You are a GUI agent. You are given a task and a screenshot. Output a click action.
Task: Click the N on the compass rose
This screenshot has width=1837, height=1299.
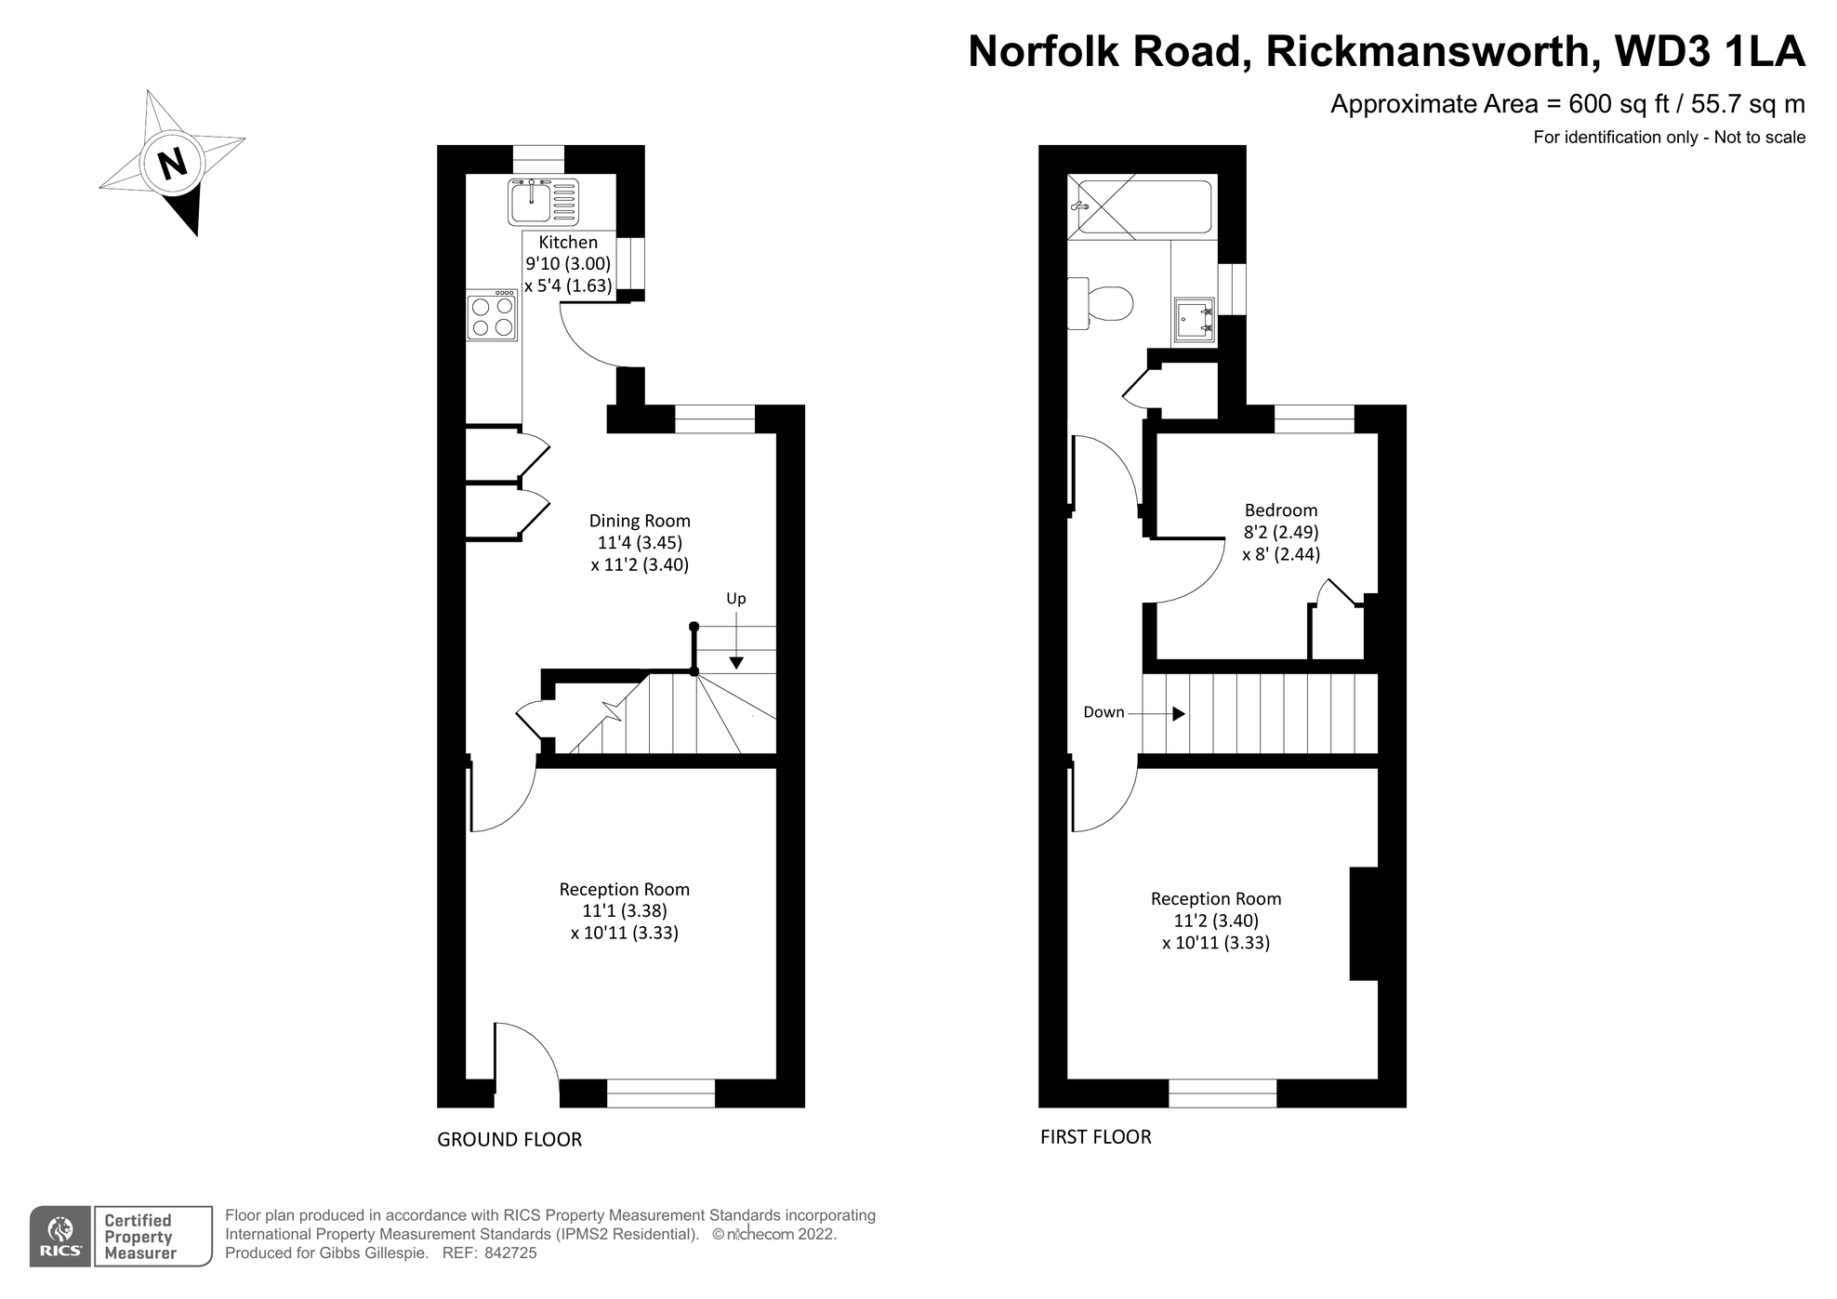click(173, 165)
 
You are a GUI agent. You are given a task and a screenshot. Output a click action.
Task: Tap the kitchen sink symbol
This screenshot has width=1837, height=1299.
click(543, 202)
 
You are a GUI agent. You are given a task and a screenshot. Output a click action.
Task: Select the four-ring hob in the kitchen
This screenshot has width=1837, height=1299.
click(492, 316)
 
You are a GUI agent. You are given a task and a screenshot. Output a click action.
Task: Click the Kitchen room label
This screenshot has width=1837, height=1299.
click(568, 242)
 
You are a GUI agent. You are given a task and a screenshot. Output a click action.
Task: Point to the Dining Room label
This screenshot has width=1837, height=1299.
click(640, 521)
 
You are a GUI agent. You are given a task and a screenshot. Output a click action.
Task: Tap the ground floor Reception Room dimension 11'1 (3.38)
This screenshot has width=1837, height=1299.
click(624, 911)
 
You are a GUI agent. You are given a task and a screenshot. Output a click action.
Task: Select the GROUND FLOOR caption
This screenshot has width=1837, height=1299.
click(509, 1140)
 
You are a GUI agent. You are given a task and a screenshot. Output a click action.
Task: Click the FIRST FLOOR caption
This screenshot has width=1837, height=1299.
click(1095, 1137)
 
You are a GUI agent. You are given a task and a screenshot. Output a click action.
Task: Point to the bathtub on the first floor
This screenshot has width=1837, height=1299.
click(1142, 206)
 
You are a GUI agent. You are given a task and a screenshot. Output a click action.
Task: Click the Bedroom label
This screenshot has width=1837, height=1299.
click(1280, 510)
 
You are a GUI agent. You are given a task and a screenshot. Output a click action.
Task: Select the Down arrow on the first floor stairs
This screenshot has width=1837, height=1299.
click(1177, 714)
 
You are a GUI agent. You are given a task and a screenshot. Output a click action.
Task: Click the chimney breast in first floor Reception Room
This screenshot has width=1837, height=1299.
click(1364, 923)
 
